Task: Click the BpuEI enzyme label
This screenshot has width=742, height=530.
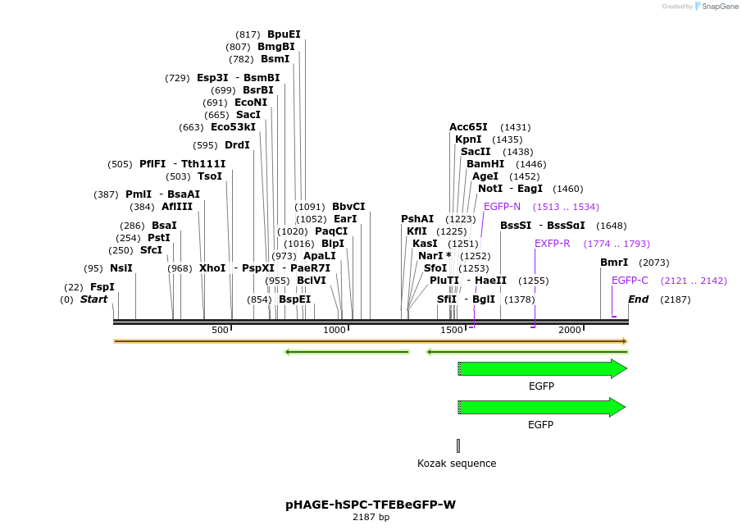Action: [284, 34]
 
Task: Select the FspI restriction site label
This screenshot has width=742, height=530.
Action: [102, 287]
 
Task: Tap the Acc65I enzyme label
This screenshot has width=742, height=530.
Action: [468, 127]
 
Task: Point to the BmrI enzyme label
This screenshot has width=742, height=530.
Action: [614, 263]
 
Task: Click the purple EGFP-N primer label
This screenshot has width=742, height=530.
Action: [502, 207]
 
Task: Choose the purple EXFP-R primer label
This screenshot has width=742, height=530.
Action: [552, 244]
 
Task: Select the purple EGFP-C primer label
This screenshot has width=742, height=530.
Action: [630, 281]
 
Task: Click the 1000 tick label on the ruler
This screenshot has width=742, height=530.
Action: [335, 330]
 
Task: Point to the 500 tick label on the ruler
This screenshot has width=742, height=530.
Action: [220, 330]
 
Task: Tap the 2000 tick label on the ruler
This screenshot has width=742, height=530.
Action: [570, 330]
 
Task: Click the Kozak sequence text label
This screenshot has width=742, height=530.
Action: [457, 464]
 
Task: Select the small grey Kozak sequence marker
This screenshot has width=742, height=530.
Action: [458, 445]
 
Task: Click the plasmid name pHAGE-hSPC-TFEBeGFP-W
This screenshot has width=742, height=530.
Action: [371, 505]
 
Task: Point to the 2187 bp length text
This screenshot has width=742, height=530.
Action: [371, 518]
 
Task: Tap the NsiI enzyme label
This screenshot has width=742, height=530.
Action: [121, 268]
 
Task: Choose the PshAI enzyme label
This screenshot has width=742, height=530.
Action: [417, 219]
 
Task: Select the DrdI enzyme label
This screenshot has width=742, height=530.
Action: [237, 145]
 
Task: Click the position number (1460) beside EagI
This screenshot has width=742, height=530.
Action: [568, 189]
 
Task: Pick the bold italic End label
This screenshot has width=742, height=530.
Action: [638, 299]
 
